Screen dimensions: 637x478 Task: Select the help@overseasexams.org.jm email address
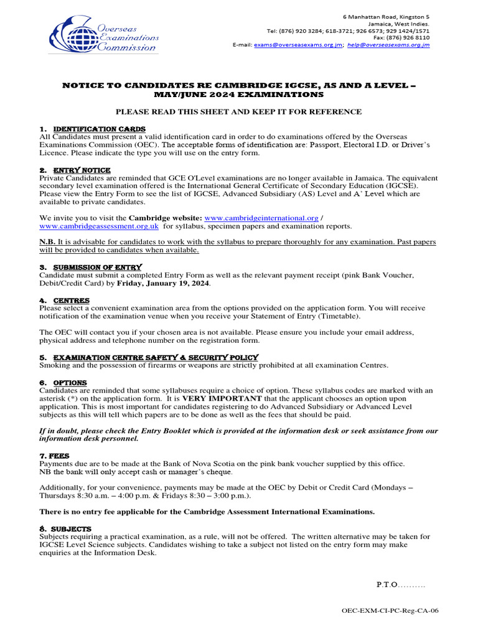pyautogui.click(x=388, y=45)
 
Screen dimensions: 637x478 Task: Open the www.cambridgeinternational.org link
pyautogui.click(x=261, y=218)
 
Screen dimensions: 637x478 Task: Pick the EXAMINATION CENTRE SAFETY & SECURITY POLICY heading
pyautogui.click(x=155, y=357)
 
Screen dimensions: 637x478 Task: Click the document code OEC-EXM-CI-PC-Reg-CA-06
pyautogui.click(x=390, y=611)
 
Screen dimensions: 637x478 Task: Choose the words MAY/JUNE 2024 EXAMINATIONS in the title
pyautogui.click(x=239, y=95)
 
